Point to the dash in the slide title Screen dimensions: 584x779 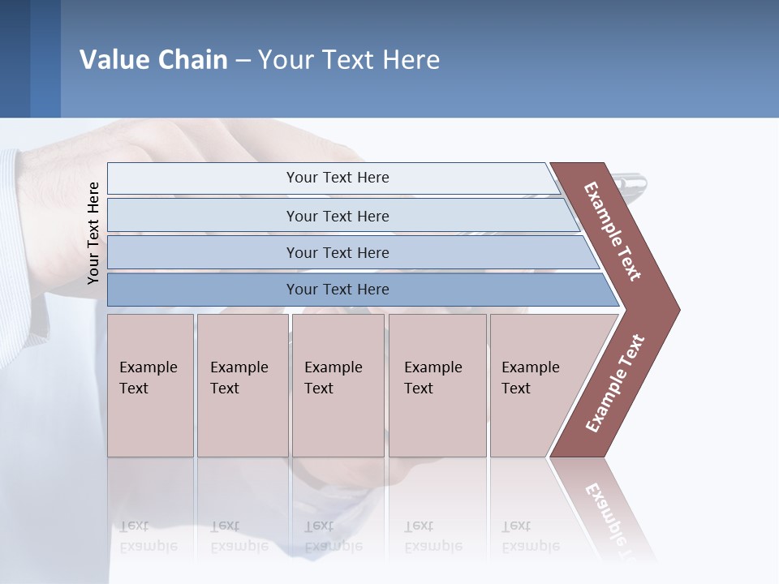(x=243, y=61)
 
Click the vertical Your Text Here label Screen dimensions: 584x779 (x=93, y=233)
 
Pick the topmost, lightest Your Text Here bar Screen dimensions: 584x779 (x=337, y=178)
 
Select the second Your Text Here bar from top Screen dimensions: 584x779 (x=337, y=216)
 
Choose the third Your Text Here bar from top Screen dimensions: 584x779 (x=337, y=252)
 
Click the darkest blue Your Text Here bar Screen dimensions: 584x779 (x=337, y=290)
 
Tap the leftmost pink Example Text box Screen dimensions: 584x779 (x=150, y=385)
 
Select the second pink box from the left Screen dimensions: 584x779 (x=242, y=385)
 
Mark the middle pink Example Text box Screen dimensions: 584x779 (x=338, y=385)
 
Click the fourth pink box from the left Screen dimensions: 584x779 (x=437, y=385)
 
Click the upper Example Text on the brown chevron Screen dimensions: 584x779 (x=612, y=231)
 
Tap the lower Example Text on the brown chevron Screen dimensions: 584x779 (x=614, y=383)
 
